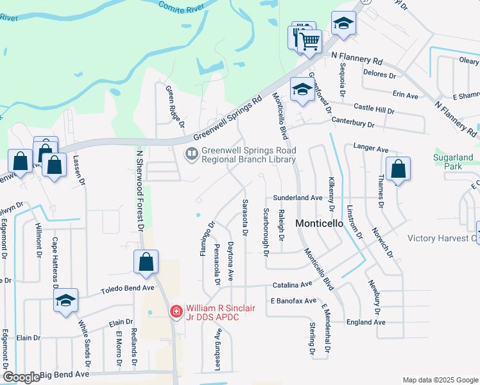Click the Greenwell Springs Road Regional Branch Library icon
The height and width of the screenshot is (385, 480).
point(191,154)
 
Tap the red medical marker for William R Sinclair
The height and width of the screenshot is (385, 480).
point(175,311)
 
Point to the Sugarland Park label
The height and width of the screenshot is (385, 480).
point(458,161)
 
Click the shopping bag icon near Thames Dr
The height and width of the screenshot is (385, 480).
point(398,170)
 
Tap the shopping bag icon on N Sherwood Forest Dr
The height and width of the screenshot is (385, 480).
point(146,262)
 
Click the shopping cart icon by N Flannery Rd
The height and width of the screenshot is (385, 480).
point(310,42)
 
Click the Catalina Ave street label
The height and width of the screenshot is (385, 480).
point(291,284)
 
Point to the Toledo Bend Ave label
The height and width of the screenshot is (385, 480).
point(128,290)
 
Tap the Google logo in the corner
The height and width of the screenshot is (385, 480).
point(21,377)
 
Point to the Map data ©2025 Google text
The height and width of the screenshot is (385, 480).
point(440,380)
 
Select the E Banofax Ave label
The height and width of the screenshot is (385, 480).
point(293,300)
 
